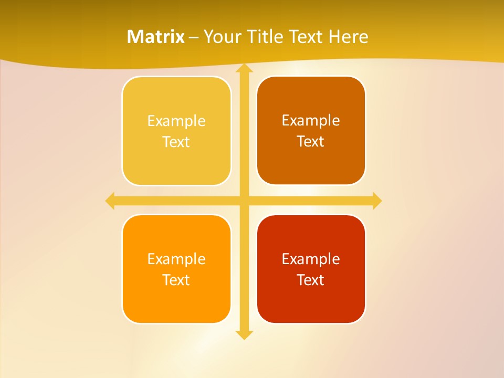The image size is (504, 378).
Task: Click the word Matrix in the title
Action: (x=156, y=37)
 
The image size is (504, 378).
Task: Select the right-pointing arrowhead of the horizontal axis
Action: (x=376, y=201)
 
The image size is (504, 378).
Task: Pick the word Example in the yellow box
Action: (x=176, y=121)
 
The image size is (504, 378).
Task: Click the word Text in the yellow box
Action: (x=176, y=142)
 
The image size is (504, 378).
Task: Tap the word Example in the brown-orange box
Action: (x=311, y=121)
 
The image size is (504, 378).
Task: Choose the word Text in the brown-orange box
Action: (x=311, y=142)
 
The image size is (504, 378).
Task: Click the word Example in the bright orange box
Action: (x=176, y=259)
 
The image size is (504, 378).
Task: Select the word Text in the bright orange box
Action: (x=176, y=280)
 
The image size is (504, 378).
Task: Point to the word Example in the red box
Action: (x=311, y=259)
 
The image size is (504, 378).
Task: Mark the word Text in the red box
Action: (x=311, y=280)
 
